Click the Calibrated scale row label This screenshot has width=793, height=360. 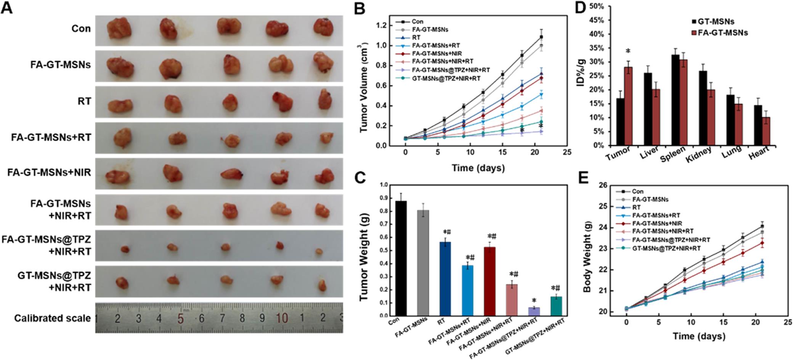point(53,318)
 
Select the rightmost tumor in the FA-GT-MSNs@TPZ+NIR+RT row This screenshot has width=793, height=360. point(319,251)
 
